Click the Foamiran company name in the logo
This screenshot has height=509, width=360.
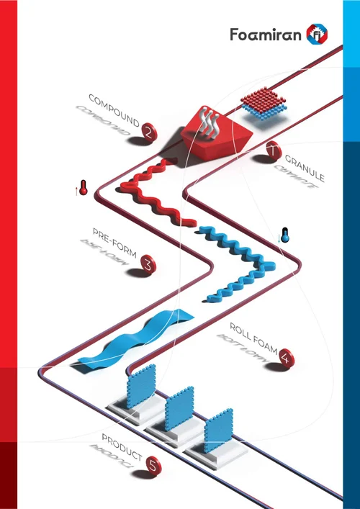[266, 35]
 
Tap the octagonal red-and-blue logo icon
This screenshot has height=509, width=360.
[317, 34]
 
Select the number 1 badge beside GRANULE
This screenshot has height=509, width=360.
[274, 150]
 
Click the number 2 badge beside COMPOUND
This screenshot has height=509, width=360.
[149, 132]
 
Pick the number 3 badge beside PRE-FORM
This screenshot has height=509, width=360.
[148, 265]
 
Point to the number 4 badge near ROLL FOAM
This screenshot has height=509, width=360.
[287, 358]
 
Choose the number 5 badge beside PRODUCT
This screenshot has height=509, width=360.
[153, 466]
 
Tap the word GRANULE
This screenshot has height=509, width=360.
[305, 168]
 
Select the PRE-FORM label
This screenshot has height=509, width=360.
[114, 243]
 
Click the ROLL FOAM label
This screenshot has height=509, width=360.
[253, 339]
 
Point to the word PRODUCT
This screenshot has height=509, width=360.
[122, 447]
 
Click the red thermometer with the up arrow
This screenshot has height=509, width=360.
[83, 188]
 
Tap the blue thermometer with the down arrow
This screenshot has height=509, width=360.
[284, 235]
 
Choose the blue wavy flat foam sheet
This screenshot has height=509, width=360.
[136, 340]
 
